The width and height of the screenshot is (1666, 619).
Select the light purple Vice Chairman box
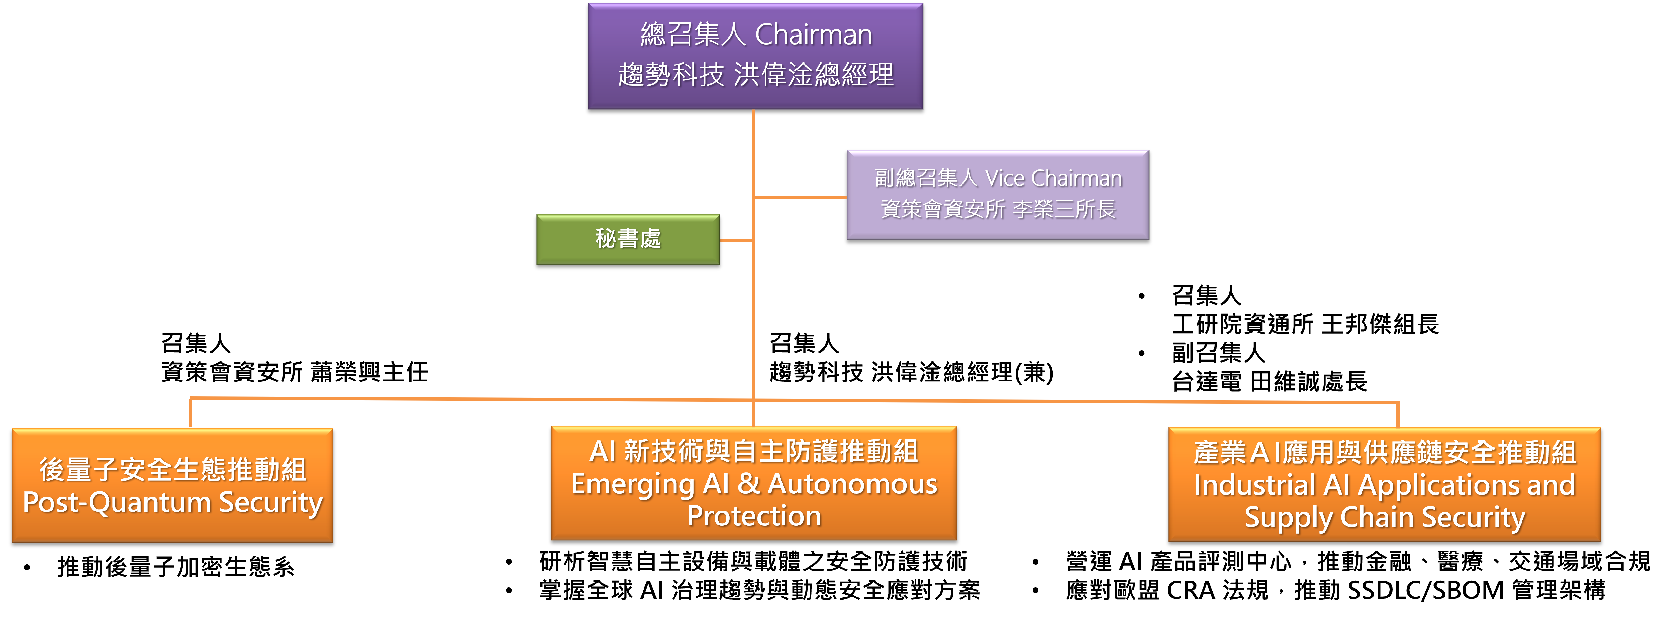click(997, 194)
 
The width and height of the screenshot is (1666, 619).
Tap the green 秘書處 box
click(627, 239)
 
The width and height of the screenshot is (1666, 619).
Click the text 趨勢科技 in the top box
click(671, 75)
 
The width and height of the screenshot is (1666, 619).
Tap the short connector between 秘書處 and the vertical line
click(736, 240)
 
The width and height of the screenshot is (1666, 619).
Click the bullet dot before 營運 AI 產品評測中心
click(1036, 562)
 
